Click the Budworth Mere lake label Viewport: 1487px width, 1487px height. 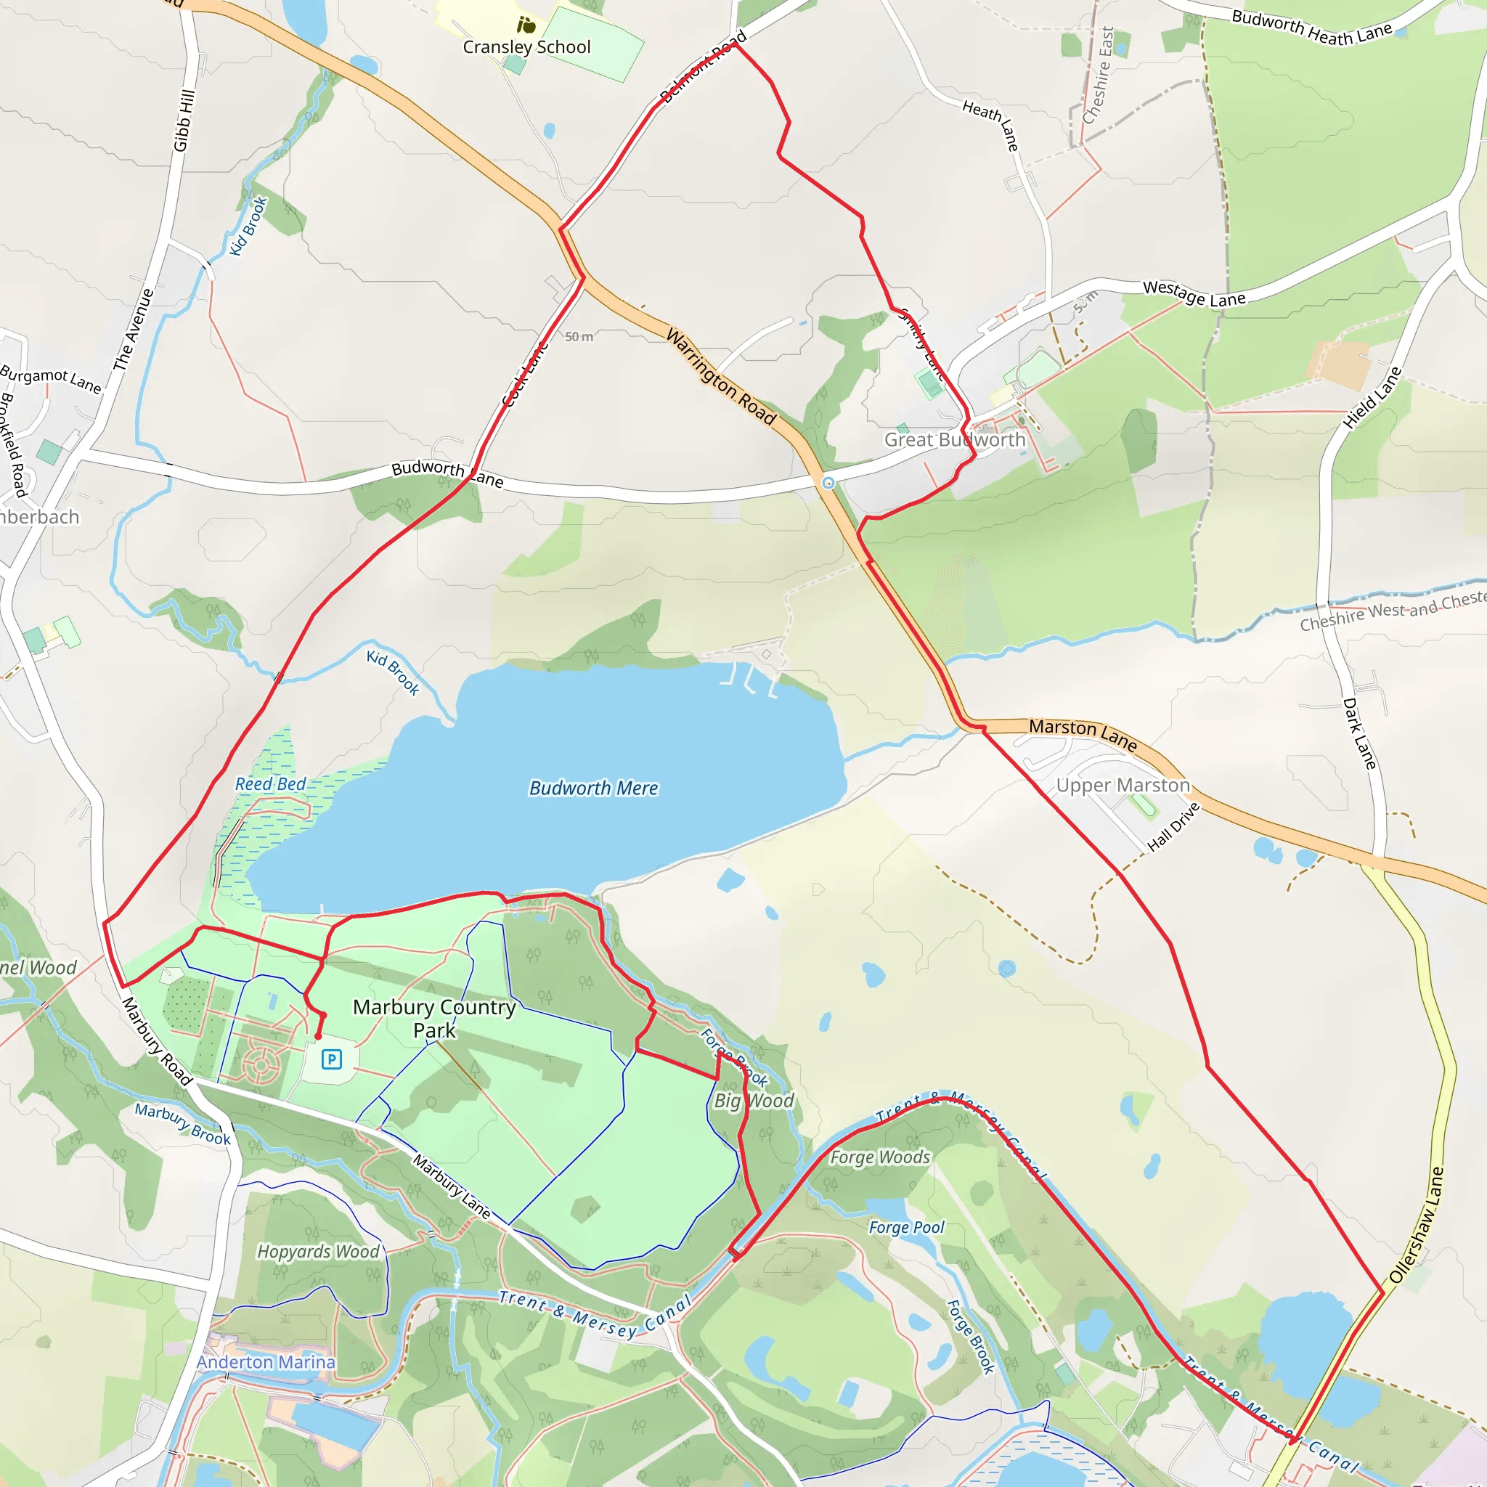tap(593, 788)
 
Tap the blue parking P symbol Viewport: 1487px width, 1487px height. tap(332, 1060)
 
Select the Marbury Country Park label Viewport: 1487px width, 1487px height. tap(434, 1018)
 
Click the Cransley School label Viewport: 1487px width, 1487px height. tap(526, 47)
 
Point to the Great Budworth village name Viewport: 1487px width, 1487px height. tap(954, 439)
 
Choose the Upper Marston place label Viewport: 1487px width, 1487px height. tap(1123, 785)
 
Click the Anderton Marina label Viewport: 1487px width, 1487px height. tap(266, 1361)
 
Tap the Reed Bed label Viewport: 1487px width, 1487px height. tap(270, 784)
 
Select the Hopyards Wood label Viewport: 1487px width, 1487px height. tap(318, 1251)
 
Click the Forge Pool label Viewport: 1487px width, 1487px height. tap(906, 1227)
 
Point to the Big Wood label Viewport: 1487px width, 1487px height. tap(754, 1101)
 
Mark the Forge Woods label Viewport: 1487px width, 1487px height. tap(880, 1157)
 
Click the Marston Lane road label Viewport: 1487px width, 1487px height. tap(1082, 733)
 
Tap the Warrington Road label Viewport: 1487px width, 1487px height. tap(720, 375)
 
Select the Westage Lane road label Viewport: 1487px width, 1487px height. tap(1194, 293)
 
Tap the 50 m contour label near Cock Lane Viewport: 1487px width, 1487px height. tap(579, 336)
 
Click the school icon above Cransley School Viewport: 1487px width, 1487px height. tap(526, 25)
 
